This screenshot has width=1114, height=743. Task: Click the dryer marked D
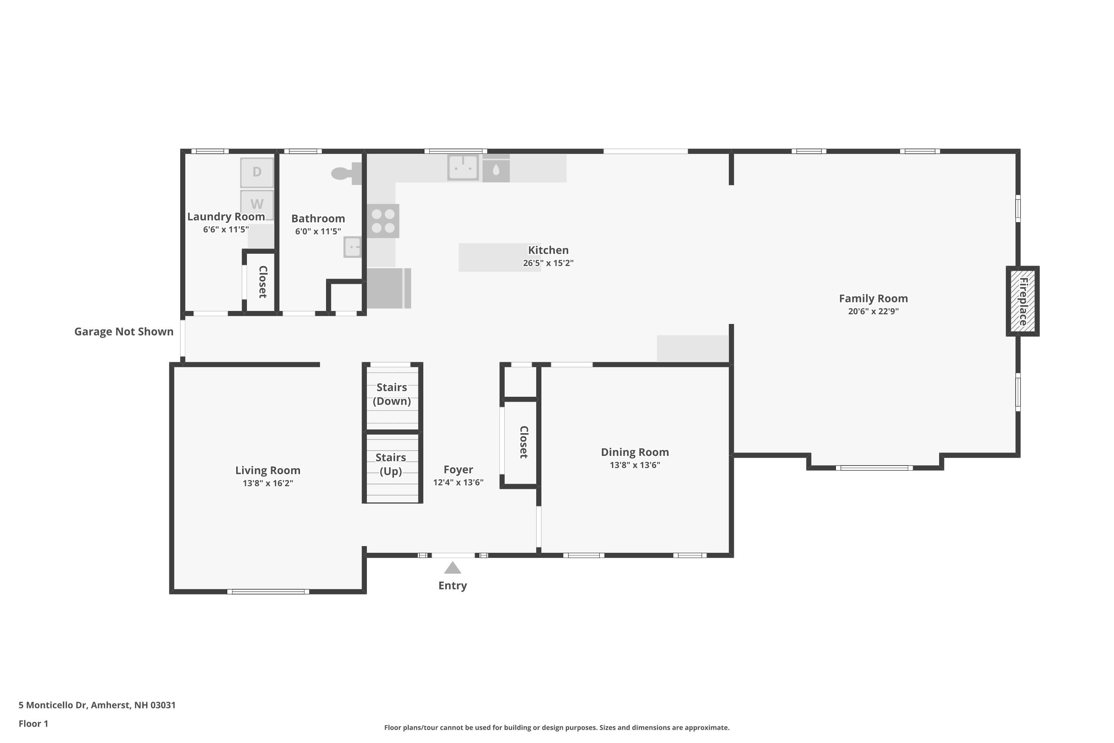pos(257,172)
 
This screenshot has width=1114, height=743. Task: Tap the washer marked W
pos(257,204)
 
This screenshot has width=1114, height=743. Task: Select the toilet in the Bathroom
pos(346,173)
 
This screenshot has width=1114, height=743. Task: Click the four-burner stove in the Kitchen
pos(383,221)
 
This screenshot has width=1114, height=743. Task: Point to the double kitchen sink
pos(463,167)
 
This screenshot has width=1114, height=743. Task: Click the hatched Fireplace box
pos(1022,301)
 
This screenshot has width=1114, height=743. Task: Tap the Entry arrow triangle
pos(452,568)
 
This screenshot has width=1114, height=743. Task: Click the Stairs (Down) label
pos(392,394)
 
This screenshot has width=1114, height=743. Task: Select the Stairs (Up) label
pos(391,464)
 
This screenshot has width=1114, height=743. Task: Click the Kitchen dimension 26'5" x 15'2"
pos(548,263)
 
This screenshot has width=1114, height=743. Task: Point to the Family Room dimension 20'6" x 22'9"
pos(873,311)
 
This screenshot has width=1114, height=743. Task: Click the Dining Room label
pos(635,452)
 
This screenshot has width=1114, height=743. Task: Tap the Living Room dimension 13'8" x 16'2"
pos(268,483)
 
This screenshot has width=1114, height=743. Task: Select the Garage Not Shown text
pos(124,332)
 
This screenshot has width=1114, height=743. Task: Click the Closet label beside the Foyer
pos(523,442)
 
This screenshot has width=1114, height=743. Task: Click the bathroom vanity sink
pos(352,247)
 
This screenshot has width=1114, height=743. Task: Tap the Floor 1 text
pos(33,724)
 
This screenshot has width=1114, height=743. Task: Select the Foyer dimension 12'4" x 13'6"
pos(458,482)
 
